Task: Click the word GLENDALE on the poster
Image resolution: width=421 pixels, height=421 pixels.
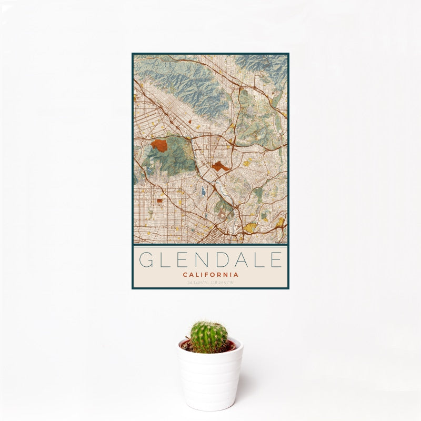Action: tap(210, 260)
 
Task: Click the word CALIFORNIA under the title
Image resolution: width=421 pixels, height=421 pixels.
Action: tap(210, 275)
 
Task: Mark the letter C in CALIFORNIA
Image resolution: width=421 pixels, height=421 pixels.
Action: tap(185, 275)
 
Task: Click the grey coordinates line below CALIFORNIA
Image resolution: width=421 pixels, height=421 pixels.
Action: tap(210, 283)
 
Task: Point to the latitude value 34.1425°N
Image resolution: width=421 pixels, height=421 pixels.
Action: tap(197, 283)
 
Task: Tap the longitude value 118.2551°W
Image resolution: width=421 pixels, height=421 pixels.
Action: tap(223, 283)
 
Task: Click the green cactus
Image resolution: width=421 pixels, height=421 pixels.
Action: tap(209, 337)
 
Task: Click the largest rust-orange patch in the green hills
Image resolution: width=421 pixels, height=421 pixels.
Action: tap(159, 145)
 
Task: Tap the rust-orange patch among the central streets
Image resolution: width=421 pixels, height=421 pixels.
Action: tap(220, 166)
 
